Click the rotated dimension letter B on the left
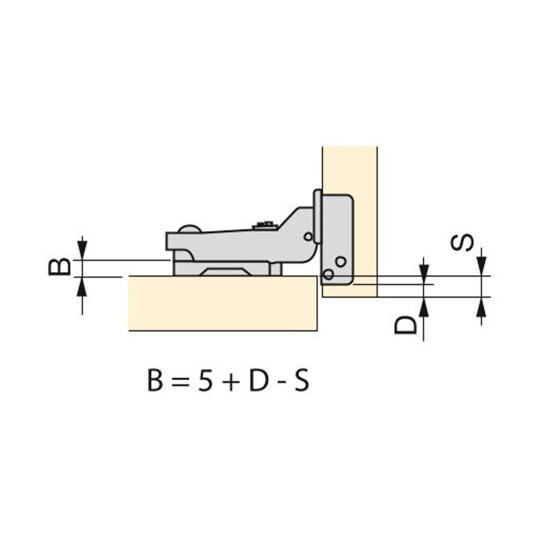[x=60, y=267]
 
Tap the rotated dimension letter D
[x=405, y=325]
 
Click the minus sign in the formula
[x=281, y=384]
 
